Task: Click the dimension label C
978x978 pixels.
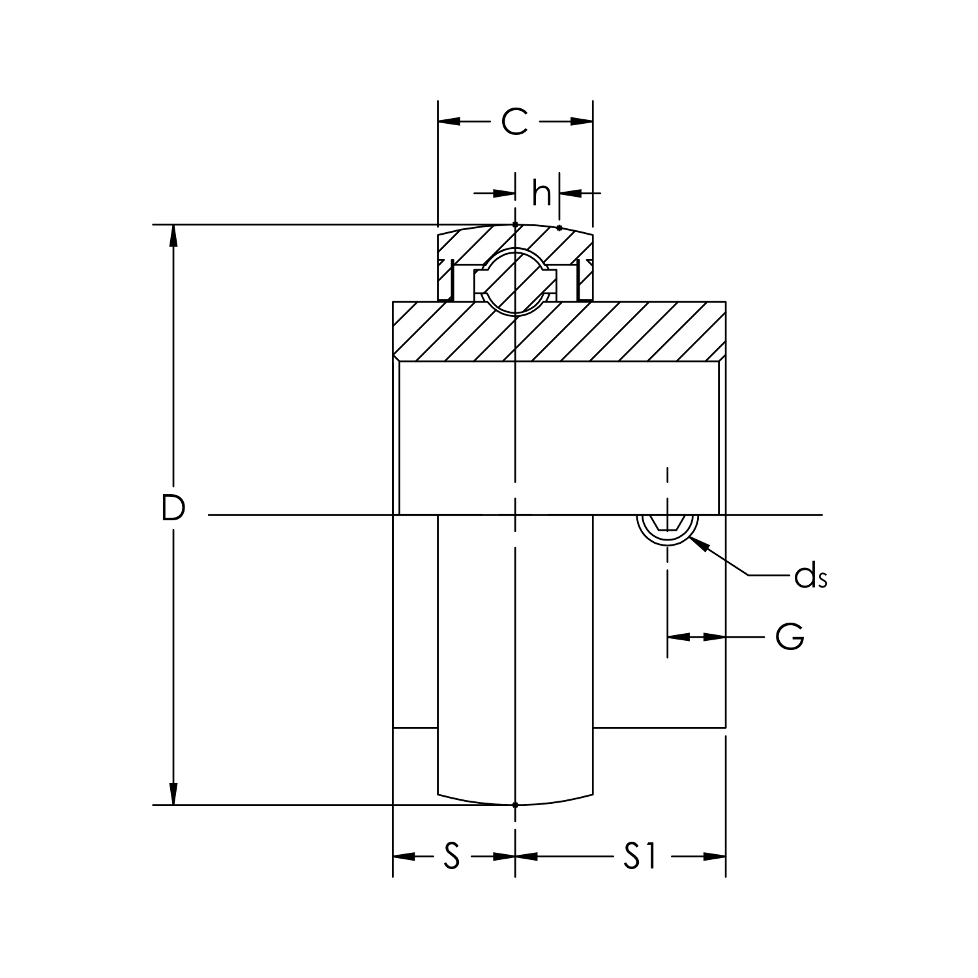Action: [x=514, y=121]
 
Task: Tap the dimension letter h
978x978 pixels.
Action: [x=541, y=193]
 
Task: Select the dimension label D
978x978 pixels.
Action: [x=173, y=509]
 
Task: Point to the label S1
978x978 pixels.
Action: [x=640, y=856]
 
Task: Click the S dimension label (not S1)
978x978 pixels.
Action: [x=452, y=856]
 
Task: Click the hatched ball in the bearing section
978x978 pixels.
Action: [x=515, y=281]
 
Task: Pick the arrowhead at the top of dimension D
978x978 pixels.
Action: [x=173, y=235]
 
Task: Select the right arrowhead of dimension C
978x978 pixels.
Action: [x=582, y=121]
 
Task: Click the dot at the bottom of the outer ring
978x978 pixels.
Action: [x=515, y=805]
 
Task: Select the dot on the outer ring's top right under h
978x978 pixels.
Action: [x=559, y=228]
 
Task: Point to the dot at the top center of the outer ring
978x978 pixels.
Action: [x=515, y=224]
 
